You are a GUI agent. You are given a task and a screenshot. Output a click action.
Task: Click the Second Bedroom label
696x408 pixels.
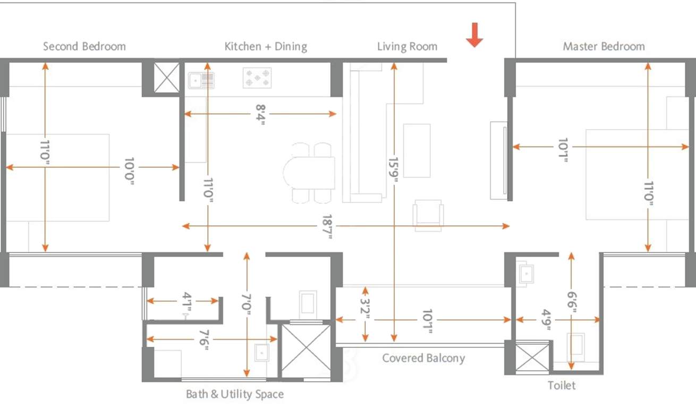(x=84, y=46)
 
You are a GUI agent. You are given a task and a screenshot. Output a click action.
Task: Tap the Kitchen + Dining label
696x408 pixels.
(x=266, y=46)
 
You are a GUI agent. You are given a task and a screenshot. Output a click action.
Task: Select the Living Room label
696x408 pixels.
(x=407, y=46)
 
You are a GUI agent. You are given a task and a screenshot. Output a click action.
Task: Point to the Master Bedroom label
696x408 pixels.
(x=604, y=46)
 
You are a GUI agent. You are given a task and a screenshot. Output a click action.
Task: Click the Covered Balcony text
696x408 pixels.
(x=423, y=358)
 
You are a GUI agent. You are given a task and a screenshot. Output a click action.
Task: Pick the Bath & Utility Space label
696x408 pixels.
(x=234, y=394)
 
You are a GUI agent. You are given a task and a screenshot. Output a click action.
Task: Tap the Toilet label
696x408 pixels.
(x=562, y=385)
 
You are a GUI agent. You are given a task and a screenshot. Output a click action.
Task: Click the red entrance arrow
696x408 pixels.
(x=474, y=36)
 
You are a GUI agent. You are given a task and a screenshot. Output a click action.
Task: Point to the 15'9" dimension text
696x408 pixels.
(x=394, y=169)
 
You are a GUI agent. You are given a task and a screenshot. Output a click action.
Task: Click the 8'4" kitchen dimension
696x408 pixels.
(x=260, y=114)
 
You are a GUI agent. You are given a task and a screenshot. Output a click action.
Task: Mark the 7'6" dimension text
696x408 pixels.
(x=203, y=339)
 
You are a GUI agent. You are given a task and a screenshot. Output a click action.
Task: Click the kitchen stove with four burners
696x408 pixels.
(x=257, y=78)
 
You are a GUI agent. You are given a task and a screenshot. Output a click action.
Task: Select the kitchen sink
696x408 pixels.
(x=201, y=80)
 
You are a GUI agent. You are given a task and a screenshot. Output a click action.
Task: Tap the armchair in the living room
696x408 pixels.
(x=428, y=215)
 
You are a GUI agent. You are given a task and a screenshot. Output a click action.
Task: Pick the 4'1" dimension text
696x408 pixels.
(x=186, y=301)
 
